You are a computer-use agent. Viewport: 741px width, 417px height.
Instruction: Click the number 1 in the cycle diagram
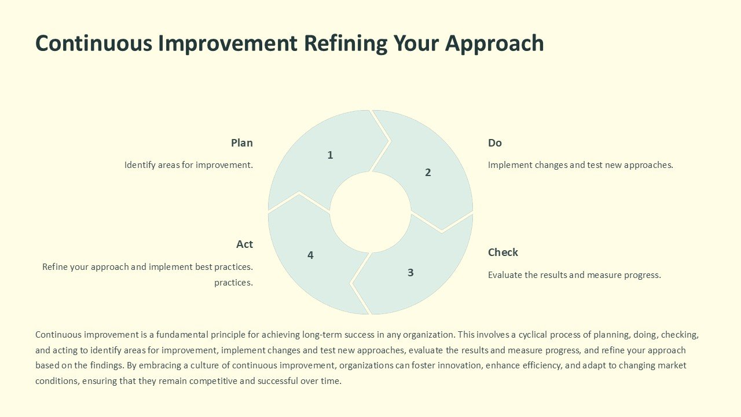(x=330, y=155)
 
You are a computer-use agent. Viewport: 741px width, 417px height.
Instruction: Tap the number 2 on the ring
(x=428, y=172)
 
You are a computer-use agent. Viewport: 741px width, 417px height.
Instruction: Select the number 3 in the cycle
(x=410, y=272)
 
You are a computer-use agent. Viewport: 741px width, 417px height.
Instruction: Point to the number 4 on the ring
(x=310, y=255)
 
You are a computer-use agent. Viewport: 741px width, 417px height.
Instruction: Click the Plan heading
(x=242, y=142)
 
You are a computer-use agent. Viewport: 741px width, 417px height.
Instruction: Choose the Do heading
(x=495, y=142)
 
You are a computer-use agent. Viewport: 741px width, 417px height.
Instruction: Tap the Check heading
(x=503, y=252)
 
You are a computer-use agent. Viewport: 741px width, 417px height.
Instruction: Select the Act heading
(x=244, y=244)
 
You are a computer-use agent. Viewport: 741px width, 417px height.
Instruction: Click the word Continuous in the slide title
(x=93, y=43)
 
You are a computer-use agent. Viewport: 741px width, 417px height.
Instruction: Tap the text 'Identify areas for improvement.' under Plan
(x=189, y=165)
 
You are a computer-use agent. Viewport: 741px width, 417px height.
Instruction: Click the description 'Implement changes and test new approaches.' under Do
(x=581, y=165)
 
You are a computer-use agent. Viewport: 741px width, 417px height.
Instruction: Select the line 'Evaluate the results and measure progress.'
(x=574, y=275)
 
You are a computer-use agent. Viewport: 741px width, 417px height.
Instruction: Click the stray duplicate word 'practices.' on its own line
(x=233, y=283)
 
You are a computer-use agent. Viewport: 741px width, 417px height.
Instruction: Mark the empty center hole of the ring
(x=370, y=212)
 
